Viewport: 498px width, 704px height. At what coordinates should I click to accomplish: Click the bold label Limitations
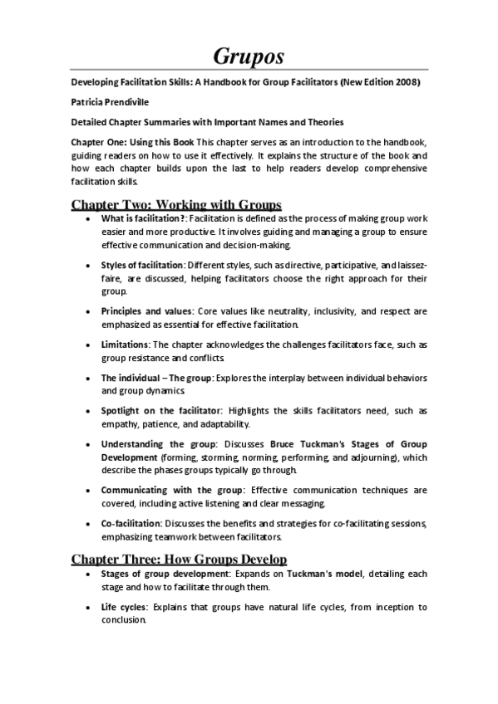tap(126, 344)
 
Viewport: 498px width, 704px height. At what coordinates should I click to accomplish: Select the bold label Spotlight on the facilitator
tap(161, 410)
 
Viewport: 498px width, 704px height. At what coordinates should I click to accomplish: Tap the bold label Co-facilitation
tap(131, 523)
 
